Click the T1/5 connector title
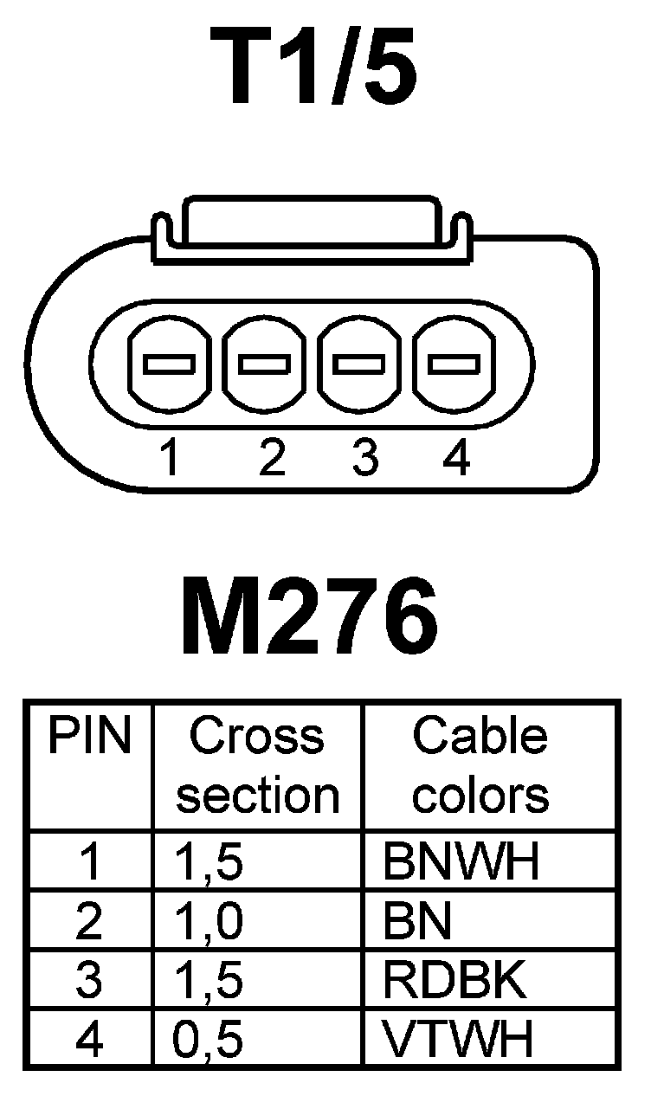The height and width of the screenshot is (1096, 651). [x=319, y=68]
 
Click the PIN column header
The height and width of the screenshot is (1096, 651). [x=89, y=738]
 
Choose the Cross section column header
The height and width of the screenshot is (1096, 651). [x=257, y=766]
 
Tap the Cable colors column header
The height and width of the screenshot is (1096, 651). [x=480, y=766]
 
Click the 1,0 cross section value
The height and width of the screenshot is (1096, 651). [x=208, y=923]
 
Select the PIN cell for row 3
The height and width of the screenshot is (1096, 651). [x=88, y=981]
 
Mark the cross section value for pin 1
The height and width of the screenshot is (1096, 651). [x=208, y=862]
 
